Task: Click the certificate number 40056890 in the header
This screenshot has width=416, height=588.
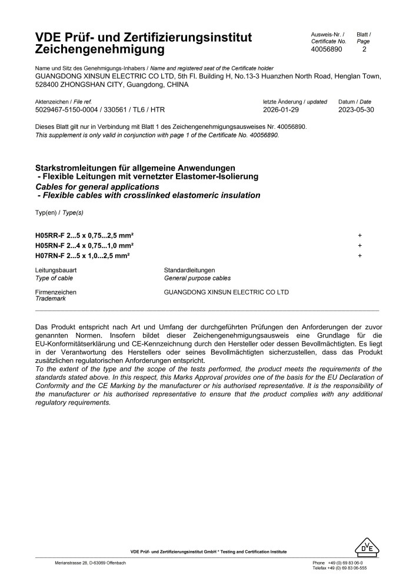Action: [326, 50]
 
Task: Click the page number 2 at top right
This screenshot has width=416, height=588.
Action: [364, 50]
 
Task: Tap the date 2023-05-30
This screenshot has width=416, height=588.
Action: [357, 110]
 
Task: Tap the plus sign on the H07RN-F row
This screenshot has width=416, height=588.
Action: [360, 256]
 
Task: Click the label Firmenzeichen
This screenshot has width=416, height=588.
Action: [56, 292]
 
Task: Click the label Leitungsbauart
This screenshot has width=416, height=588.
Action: [56, 270]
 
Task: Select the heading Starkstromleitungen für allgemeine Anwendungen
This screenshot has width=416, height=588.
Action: [135, 168]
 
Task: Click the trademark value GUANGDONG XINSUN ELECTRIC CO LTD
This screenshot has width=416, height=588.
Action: [226, 292]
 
